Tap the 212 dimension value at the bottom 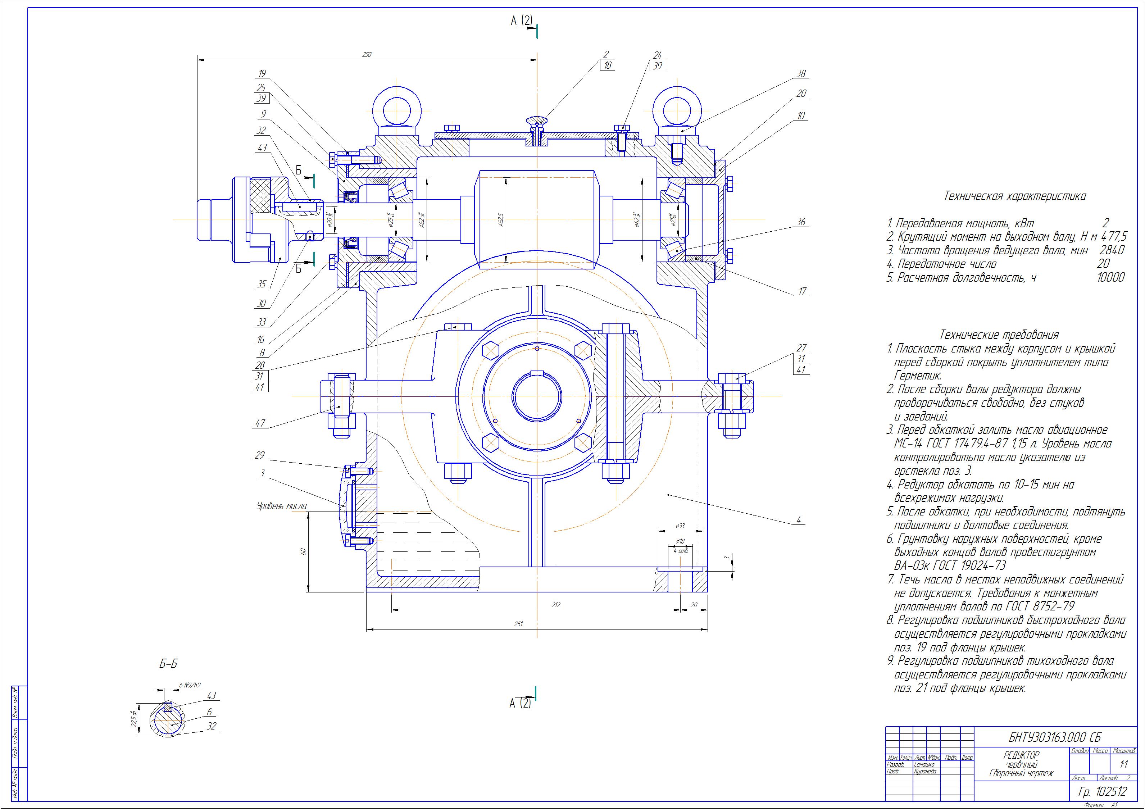click(x=556, y=605)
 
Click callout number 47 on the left click(x=260, y=423)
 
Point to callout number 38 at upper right click(x=801, y=74)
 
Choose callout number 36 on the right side click(x=801, y=222)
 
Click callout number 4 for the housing click(x=799, y=520)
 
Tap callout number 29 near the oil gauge click(x=259, y=455)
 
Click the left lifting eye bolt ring click(x=397, y=109)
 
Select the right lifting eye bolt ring click(x=678, y=109)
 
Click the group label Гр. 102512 click(x=1103, y=791)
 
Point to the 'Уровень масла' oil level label click(x=281, y=506)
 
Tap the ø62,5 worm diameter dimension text click(x=501, y=220)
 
